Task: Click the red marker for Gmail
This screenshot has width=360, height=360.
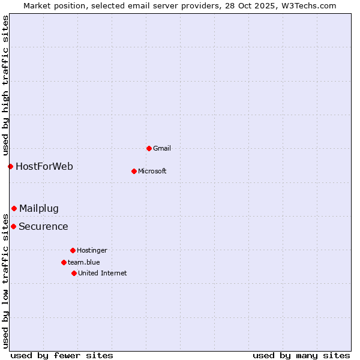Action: coord(149,148)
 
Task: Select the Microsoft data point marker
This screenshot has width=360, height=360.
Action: coord(134,171)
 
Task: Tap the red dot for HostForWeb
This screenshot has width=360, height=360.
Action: coord(10,166)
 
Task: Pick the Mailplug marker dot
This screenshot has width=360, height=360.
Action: coord(14,208)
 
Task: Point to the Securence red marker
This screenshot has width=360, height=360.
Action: coord(13,226)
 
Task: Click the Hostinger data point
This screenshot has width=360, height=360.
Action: coord(73,250)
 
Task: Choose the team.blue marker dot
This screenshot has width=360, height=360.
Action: coord(64,262)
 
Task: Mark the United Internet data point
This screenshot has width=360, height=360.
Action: coord(74,273)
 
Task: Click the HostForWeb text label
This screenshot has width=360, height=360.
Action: coord(44,166)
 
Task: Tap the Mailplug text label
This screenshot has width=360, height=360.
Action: coord(39,208)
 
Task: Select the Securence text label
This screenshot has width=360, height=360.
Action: coord(43,226)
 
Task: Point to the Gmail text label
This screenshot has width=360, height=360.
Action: coord(162,148)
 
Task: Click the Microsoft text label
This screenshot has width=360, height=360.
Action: coord(152,171)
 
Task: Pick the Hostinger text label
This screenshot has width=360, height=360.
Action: coord(92,250)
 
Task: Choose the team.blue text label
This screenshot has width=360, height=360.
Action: coord(84,262)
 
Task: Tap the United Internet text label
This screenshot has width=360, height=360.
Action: coord(103,273)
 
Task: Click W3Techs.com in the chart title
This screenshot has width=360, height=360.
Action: coord(307,5)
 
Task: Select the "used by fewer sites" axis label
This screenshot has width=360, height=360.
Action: coord(62,355)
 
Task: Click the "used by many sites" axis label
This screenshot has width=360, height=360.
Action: coord(301,355)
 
